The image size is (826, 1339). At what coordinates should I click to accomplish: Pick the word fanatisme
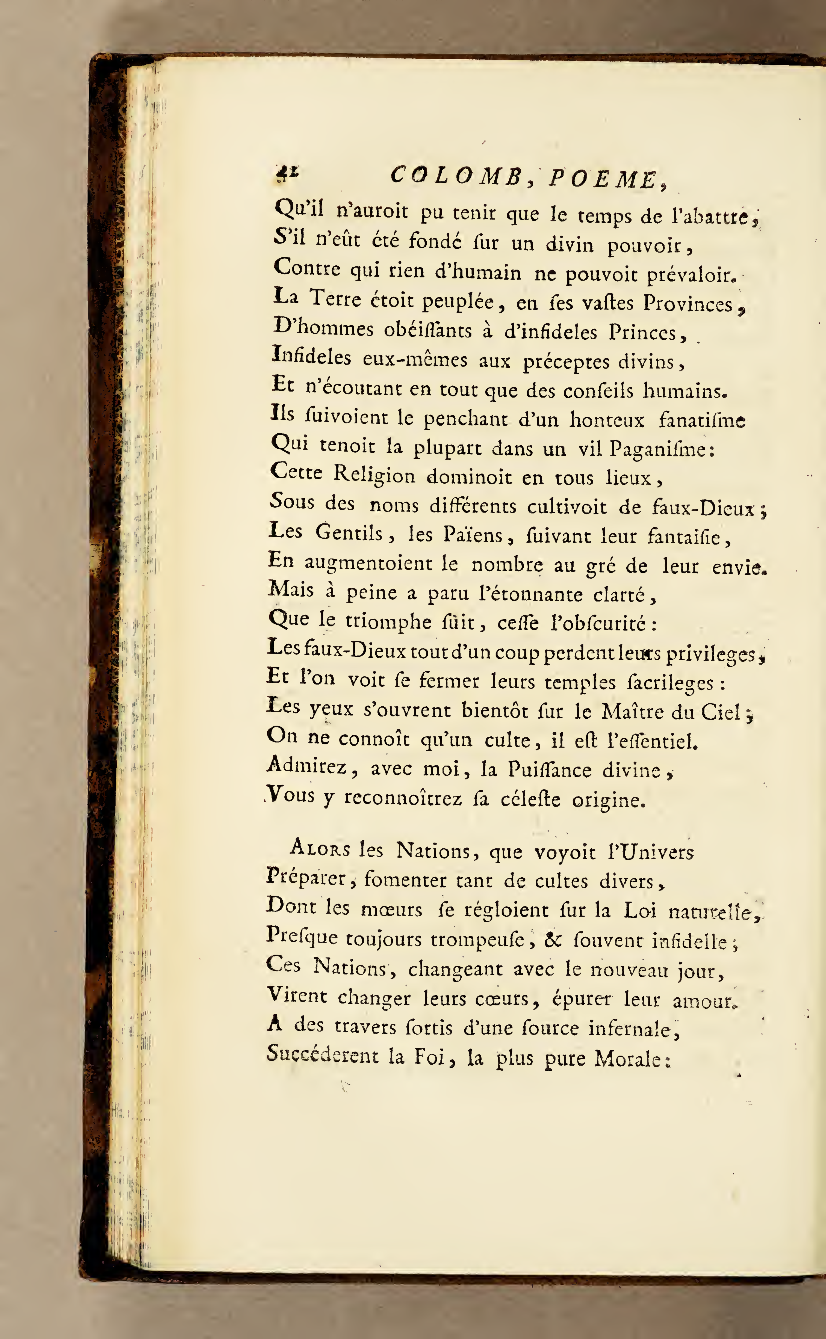(x=702, y=420)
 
